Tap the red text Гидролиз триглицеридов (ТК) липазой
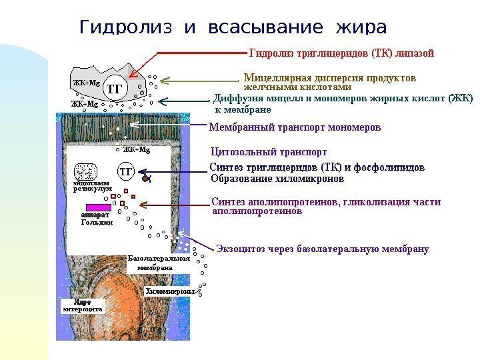point(341,51)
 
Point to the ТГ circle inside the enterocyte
point(126,172)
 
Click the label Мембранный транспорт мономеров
point(295,127)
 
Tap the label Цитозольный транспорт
point(268,151)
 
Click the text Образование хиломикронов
point(277,179)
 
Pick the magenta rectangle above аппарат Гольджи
point(93,206)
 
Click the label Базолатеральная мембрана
point(157,263)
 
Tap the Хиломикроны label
point(169,291)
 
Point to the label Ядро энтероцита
point(82,306)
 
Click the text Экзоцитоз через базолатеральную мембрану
point(323,249)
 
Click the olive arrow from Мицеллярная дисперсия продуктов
point(200,81)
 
